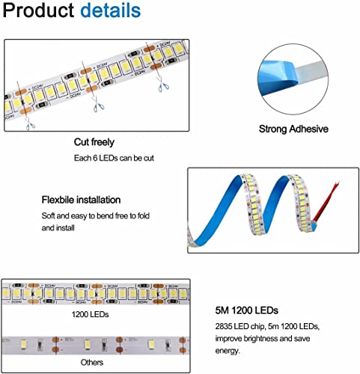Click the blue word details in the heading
(x=110, y=12)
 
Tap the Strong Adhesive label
(x=293, y=129)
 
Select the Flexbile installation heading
(x=81, y=200)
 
